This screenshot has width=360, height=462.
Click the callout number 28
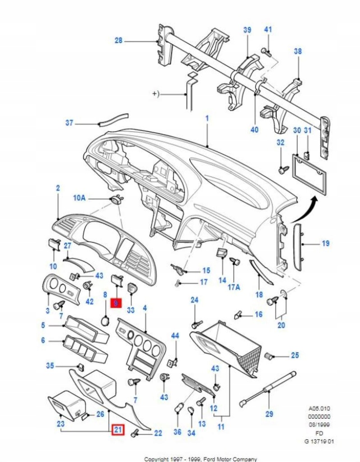(118, 41)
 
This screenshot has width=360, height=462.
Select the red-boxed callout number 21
(118, 430)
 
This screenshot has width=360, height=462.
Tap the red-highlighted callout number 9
(115, 304)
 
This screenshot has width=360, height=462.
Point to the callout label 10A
(79, 198)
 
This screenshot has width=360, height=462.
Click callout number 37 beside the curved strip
(69, 123)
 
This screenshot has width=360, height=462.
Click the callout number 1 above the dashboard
(207, 119)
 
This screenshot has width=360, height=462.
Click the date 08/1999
(319, 425)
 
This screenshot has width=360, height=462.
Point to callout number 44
(175, 336)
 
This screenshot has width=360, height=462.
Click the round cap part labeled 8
(105, 320)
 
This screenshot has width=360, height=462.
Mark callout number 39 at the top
(247, 30)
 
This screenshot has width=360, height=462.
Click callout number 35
(50, 366)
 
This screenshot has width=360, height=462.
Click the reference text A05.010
(319, 409)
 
